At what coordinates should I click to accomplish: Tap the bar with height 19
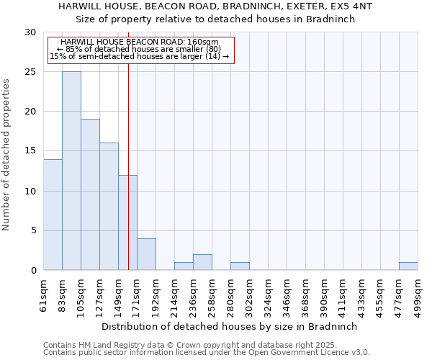90,194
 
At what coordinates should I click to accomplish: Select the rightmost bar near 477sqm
408,266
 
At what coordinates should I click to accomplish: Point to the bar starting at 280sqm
240,266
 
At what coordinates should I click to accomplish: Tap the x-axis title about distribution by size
230,326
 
